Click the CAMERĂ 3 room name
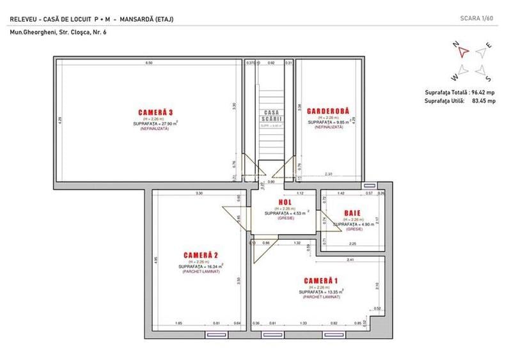pyautogui.click(x=155, y=112)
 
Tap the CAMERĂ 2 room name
pyautogui.click(x=201, y=255)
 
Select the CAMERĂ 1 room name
pyautogui.click(x=321, y=281)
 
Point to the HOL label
pyautogui.click(x=285, y=203)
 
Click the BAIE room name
pyautogui.click(x=352, y=213)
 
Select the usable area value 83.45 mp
pyautogui.click(x=483, y=101)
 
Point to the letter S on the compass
pyautogui.click(x=488, y=79)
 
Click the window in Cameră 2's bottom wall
pyautogui.click(x=218, y=334)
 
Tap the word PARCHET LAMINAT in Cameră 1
pyautogui.click(x=321, y=297)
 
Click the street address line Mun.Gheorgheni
pyautogui.click(x=58, y=32)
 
